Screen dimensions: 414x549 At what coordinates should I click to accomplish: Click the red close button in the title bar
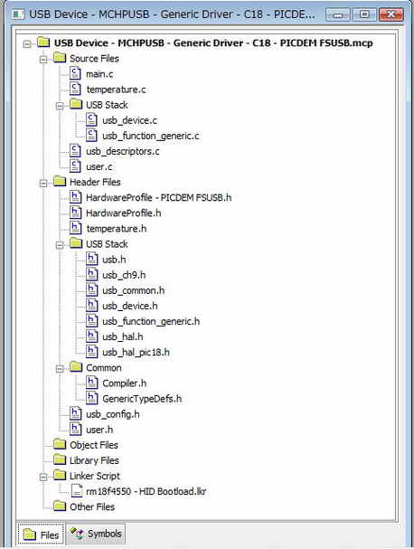pos(391,14)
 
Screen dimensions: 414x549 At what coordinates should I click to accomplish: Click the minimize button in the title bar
pos(338,14)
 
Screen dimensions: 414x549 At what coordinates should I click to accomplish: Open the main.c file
pos(99,74)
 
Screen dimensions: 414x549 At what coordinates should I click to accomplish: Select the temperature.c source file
pos(117,90)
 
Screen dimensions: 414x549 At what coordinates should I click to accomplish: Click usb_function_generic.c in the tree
pos(151,136)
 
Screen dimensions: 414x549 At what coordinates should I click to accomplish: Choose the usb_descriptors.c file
pos(123,151)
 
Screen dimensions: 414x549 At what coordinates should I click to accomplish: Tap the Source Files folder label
pos(95,59)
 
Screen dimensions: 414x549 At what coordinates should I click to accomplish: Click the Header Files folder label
pos(95,182)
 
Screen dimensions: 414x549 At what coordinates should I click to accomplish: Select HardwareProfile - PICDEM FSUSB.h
pos(159,197)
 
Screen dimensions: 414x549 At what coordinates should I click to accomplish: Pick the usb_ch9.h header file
pos(124,275)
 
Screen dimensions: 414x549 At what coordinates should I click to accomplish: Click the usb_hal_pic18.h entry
pos(136,352)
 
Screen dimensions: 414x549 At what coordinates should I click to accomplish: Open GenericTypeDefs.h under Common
pos(142,399)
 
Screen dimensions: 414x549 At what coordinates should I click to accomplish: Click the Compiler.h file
pos(125,383)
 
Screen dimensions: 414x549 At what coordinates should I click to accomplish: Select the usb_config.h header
pos(113,414)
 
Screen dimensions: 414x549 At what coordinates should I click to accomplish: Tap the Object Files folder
pos(94,445)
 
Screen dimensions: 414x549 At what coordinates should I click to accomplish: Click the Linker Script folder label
pos(95,476)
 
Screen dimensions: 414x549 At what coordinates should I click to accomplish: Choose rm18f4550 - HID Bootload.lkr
pos(146,491)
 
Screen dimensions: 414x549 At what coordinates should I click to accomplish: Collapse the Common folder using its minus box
pos(60,368)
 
